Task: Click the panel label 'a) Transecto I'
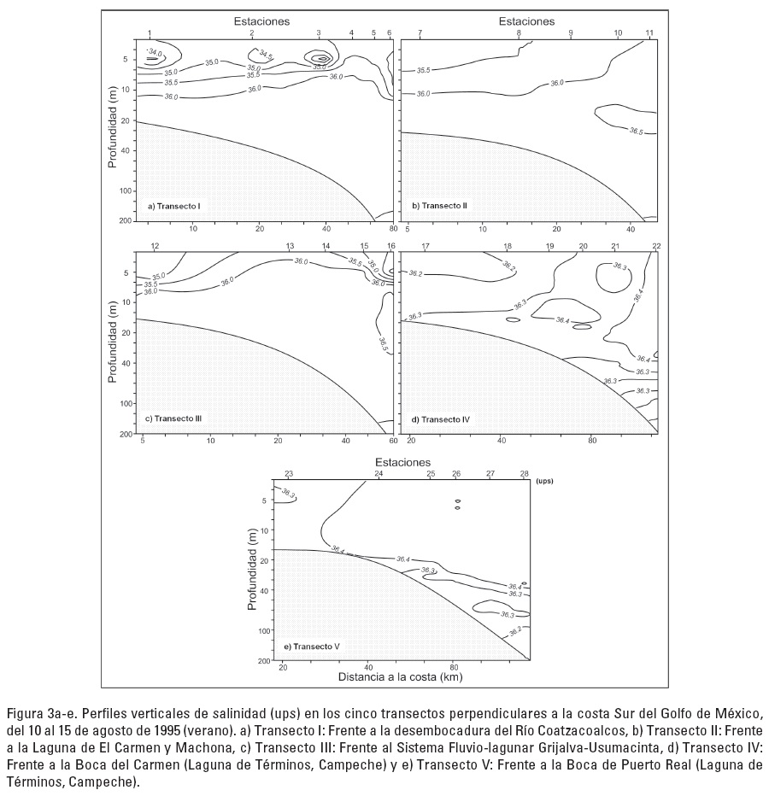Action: coord(173,205)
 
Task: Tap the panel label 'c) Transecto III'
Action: coord(173,418)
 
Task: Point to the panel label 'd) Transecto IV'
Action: coord(440,418)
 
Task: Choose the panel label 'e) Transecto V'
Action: coord(311,647)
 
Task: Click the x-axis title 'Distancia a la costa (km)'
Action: coord(401,678)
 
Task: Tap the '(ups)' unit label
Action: coord(545,481)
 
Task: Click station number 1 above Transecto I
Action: coord(150,32)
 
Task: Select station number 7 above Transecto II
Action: coord(420,32)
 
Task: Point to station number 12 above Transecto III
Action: coord(155,246)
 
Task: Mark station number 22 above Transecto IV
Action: coord(656,246)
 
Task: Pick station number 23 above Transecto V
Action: coord(289,473)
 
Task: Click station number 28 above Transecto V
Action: coord(524,473)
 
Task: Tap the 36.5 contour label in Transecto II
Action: coord(636,131)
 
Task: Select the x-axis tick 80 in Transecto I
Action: coord(392,229)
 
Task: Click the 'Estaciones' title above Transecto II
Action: coord(526,20)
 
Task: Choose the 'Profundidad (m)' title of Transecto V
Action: coord(253,571)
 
